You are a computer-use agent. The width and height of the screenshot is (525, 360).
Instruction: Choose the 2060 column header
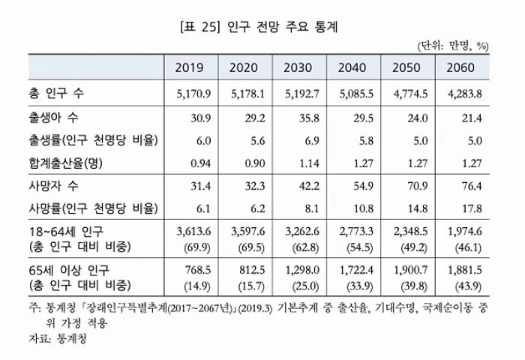pos(462,68)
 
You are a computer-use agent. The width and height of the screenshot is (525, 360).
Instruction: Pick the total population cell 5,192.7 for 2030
pos(298,95)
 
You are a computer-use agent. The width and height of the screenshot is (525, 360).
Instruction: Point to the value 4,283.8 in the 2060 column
pos(462,95)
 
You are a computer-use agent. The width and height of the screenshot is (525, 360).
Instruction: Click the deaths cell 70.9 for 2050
pos(411,185)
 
